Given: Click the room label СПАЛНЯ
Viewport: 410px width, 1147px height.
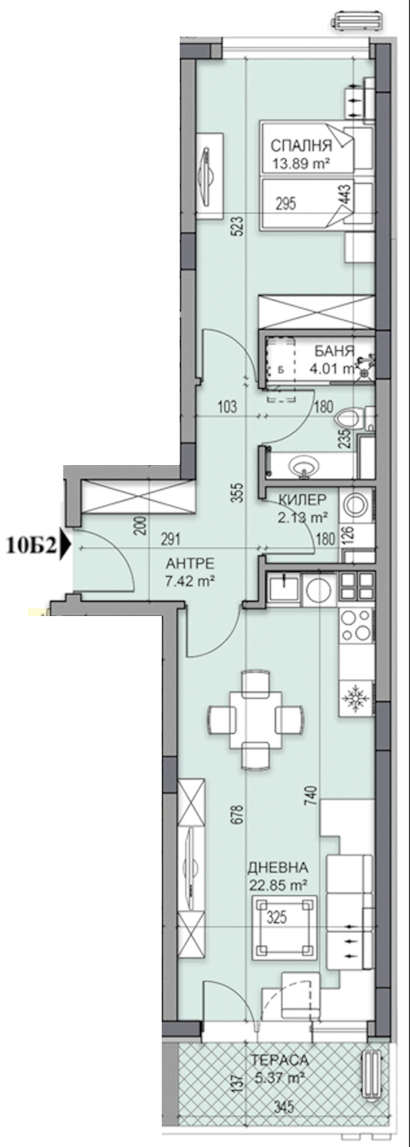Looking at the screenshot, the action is (x=300, y=146).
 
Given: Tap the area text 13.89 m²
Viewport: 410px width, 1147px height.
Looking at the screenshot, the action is (x=302, y=162).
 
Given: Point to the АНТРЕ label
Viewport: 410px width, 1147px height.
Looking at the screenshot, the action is (x=190, y=564).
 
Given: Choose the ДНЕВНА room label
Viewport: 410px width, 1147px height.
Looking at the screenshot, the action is (x=278, y=868).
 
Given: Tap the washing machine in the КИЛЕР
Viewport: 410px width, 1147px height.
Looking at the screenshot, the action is (x=356, y=506).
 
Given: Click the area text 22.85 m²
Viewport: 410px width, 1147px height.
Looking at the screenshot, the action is (x=278, y=885).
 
